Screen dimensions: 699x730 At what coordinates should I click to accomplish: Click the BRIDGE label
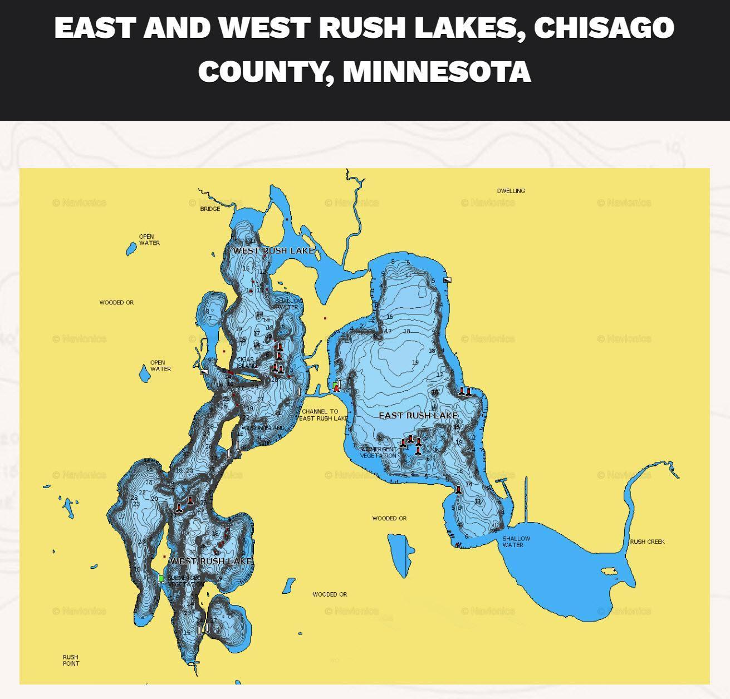210,209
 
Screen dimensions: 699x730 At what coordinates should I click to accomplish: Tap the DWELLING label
511,191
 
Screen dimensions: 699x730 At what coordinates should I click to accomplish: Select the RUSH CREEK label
647,542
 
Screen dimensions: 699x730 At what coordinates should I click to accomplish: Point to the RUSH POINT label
71,661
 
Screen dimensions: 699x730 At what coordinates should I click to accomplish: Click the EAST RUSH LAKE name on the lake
418,416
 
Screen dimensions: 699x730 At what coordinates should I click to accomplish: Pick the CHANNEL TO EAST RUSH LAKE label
324,415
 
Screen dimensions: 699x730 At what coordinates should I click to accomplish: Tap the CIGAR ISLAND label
247,363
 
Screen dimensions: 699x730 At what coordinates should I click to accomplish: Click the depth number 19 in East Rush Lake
415,363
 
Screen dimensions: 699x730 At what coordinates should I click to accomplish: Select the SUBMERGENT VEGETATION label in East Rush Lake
379,452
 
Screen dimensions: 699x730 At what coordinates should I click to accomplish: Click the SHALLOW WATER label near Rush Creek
516,542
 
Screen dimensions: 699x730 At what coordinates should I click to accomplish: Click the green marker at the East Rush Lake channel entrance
335,385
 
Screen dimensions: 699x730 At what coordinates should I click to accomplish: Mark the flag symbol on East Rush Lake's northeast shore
447,280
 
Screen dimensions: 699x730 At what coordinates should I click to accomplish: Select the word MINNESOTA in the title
437,71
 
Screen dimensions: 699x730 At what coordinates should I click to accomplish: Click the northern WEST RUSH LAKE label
273,251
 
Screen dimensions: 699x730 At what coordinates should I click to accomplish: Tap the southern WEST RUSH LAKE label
210,561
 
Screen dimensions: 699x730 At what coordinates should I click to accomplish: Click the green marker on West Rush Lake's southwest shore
161,579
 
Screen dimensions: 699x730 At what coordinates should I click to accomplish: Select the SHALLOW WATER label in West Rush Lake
288,304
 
